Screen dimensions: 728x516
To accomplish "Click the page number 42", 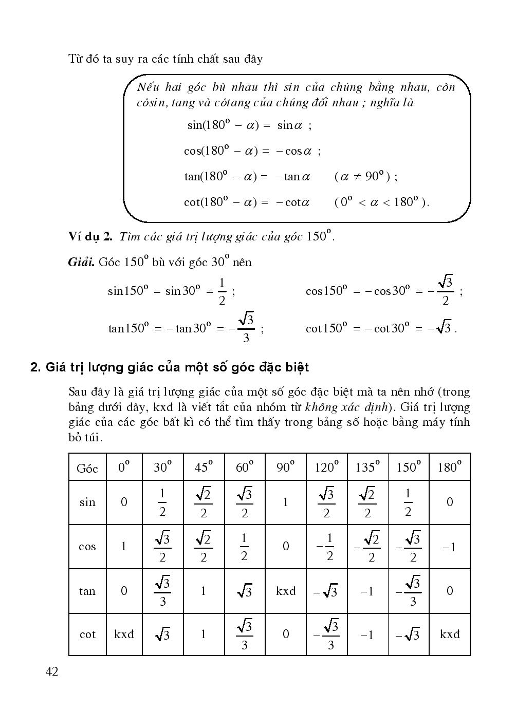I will click(x=51, y=671).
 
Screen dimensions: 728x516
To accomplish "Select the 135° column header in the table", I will click(x=367, y=468).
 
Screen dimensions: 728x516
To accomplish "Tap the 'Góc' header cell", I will click(x=87, y=468).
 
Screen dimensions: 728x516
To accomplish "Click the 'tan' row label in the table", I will click(x=87, y=591).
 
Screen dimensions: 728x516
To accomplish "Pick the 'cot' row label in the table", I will click(x=87, y=634).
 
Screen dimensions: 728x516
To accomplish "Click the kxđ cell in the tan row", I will click(x=286, y=591).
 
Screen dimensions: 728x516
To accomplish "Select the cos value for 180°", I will click(x=449, y=547).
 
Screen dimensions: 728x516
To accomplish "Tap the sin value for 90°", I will click(x=286, y=502).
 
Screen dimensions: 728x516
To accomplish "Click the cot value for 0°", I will click(x=124, y=634).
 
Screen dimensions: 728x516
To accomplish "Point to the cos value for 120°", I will click(x=326, y=547).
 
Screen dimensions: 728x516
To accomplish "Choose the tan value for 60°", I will click(x=244, y=591).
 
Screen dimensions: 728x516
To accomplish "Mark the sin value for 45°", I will click(x=204, y=502).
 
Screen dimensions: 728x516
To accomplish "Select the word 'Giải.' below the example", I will click(x=81, y=262).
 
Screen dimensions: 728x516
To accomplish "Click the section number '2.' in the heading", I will click(x=35, y=368).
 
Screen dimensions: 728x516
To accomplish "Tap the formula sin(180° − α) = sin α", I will click(x=249, y=125).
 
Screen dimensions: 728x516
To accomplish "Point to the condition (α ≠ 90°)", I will click(x=365, y=177).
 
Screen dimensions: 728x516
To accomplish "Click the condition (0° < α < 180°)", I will click(x=381, y=202).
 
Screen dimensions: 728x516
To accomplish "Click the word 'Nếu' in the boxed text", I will click(x=149, y=87).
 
